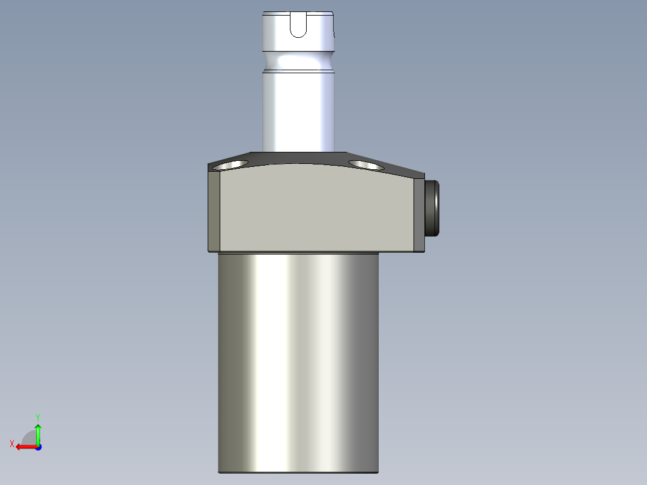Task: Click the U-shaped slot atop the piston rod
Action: click(x=298, y=26)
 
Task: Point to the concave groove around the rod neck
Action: click(x=298, y=61)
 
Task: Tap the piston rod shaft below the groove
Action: click(x=298, y=111)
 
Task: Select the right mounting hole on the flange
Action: click(x=364, y=164)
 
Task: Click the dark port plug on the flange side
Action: click(x=433, y=208)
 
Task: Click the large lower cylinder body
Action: click(x=298, y=360)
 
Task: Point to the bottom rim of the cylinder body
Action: click(x=298, y=472)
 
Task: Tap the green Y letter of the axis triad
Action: click(x=38, y=416)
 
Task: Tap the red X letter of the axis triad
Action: click(x=11, y=444)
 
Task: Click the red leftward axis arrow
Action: click(x=24, y=447)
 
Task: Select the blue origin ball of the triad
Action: click(x=38, y=447)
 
